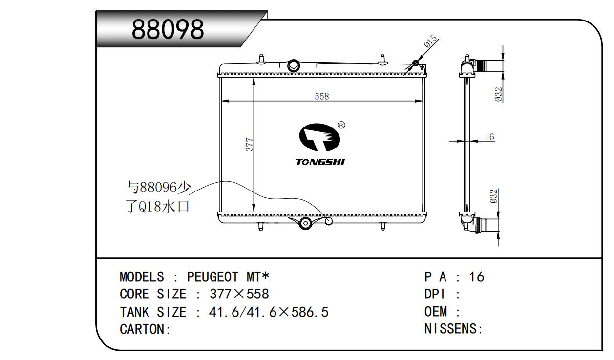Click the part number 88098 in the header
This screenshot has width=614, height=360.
(168, 29)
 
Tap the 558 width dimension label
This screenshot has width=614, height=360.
(321, 96)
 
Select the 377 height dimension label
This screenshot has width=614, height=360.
(249, 145)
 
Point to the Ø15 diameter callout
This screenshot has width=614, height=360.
(431, 42)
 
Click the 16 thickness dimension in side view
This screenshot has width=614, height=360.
(489, 137)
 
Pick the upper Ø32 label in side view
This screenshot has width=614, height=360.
(499, 94)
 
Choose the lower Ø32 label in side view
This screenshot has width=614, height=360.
(493, 196)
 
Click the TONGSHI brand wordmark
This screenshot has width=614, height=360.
(320, 162)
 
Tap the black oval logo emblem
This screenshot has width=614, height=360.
(319, 137)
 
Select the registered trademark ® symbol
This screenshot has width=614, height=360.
(341, 125)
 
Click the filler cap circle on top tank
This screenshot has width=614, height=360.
(293, 65)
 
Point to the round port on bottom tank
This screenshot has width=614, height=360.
(305, 223)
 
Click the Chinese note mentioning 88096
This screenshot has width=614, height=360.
(158, 197)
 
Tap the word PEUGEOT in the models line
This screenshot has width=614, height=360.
(212, 276)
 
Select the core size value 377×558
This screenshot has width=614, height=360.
(239, 294)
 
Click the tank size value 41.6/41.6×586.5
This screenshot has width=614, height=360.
(269, 312)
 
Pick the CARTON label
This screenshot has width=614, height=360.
(145, 329)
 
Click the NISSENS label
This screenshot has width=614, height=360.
(453, 328)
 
